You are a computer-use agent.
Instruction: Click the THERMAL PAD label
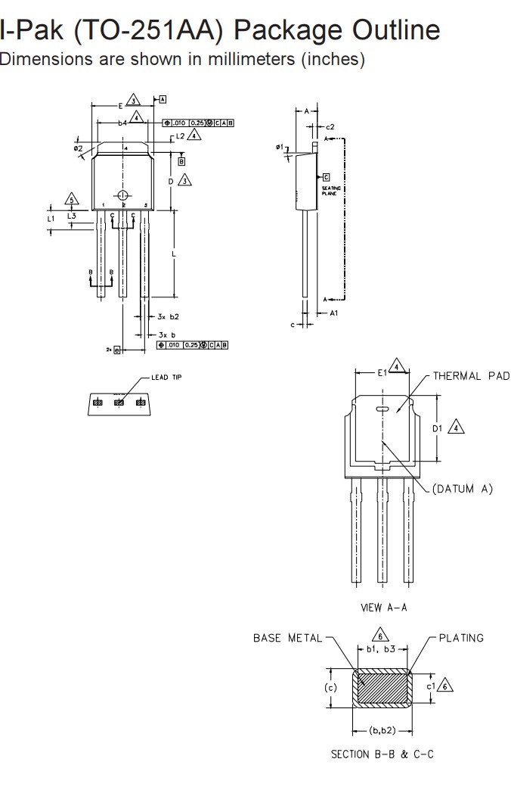tap(471, 376)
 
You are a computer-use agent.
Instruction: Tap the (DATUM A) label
tap(463, 489)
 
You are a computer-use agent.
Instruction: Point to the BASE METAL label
tap(287, 638)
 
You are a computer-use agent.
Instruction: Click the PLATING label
tap(460, 638)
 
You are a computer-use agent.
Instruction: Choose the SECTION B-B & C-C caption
tap(382, 754)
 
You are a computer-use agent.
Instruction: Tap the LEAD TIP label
tap(166, 378)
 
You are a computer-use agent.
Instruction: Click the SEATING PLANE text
tap(331, 190)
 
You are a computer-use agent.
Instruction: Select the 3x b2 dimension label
tap(169, 316)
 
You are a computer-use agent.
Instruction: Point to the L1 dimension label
tap(51, 218)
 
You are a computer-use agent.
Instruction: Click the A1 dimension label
tap(333, 312)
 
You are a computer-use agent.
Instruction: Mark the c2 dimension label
tap(330, 126)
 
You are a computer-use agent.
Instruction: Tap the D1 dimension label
tap(438, 428)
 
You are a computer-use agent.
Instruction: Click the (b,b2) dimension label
tap(382, 730)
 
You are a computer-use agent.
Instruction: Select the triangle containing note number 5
tap(72, 200)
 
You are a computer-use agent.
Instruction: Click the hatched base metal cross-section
tap(382, 688)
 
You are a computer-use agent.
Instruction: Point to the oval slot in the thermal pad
tap(382, 409)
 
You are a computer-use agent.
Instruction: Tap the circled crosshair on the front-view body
tap(124, 194)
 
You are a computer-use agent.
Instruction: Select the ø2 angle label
tap(79, 148)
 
